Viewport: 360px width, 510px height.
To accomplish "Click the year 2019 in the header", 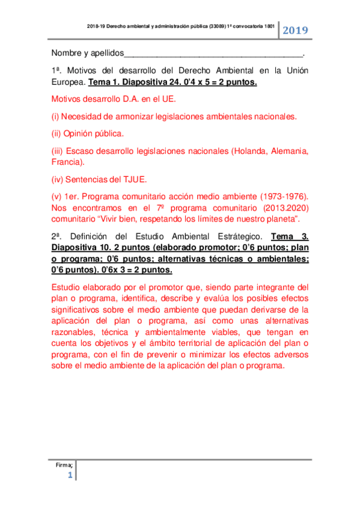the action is (x=295, y=30).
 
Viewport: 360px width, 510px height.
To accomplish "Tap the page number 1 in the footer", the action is (x=70, y=475).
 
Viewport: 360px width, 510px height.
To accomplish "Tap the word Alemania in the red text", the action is (x=289, y=150).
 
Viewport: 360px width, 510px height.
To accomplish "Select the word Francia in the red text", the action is (x=66, y=161).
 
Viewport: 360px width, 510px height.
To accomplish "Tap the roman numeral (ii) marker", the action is (x=56, y=133).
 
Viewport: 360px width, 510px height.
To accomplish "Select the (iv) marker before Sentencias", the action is (x=58, y=179).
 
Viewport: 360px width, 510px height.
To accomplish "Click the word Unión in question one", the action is (x=295, y=70).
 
